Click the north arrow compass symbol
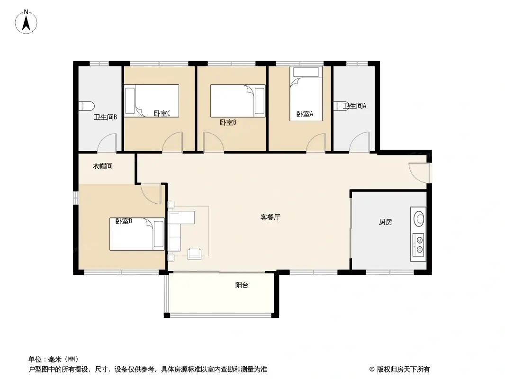(26, 22)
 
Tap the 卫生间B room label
(105, 117)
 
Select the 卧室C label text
(162, 113)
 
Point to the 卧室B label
(228, 122)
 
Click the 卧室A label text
(305, 114)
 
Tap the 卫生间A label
(355, 106)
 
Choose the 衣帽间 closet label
(103, 166)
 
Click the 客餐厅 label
(270, 217)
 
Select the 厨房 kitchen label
(386, 222)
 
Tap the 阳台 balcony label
(242, 285)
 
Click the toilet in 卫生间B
(86, 106)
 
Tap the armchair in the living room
(195, 253)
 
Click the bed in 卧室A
(306, 93)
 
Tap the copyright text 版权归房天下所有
(403, 370)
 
